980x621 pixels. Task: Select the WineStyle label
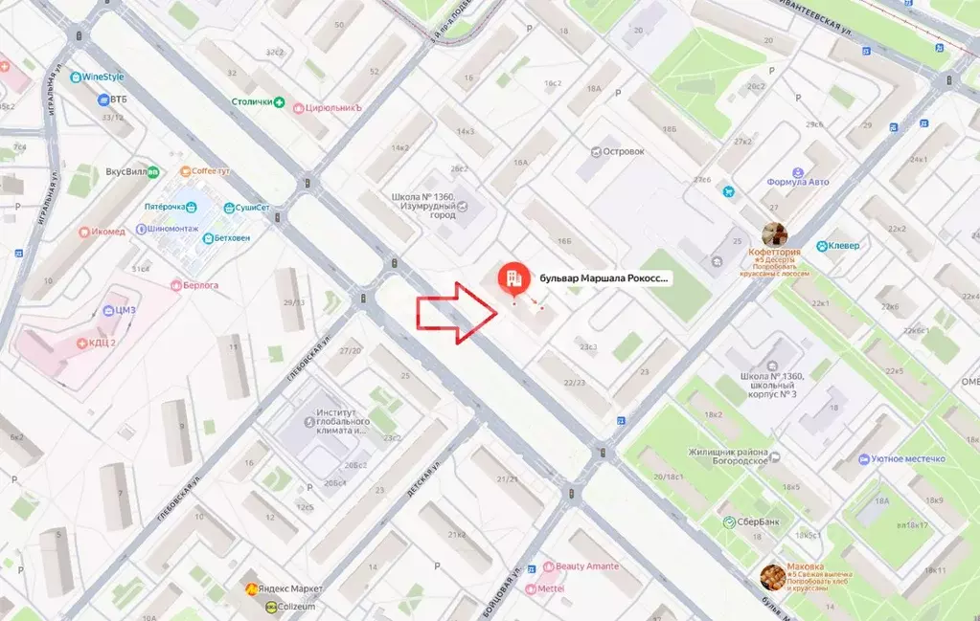pos(104,77)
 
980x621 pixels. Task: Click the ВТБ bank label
pos(117,99)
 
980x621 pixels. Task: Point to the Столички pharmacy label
pos(253,101)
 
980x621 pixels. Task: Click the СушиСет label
pos(253,208)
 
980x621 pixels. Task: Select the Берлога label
pos(200,285)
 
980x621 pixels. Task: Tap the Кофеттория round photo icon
pos(774,234)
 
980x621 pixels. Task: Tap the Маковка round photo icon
pos(772,575)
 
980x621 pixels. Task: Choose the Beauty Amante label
pos(585,566)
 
